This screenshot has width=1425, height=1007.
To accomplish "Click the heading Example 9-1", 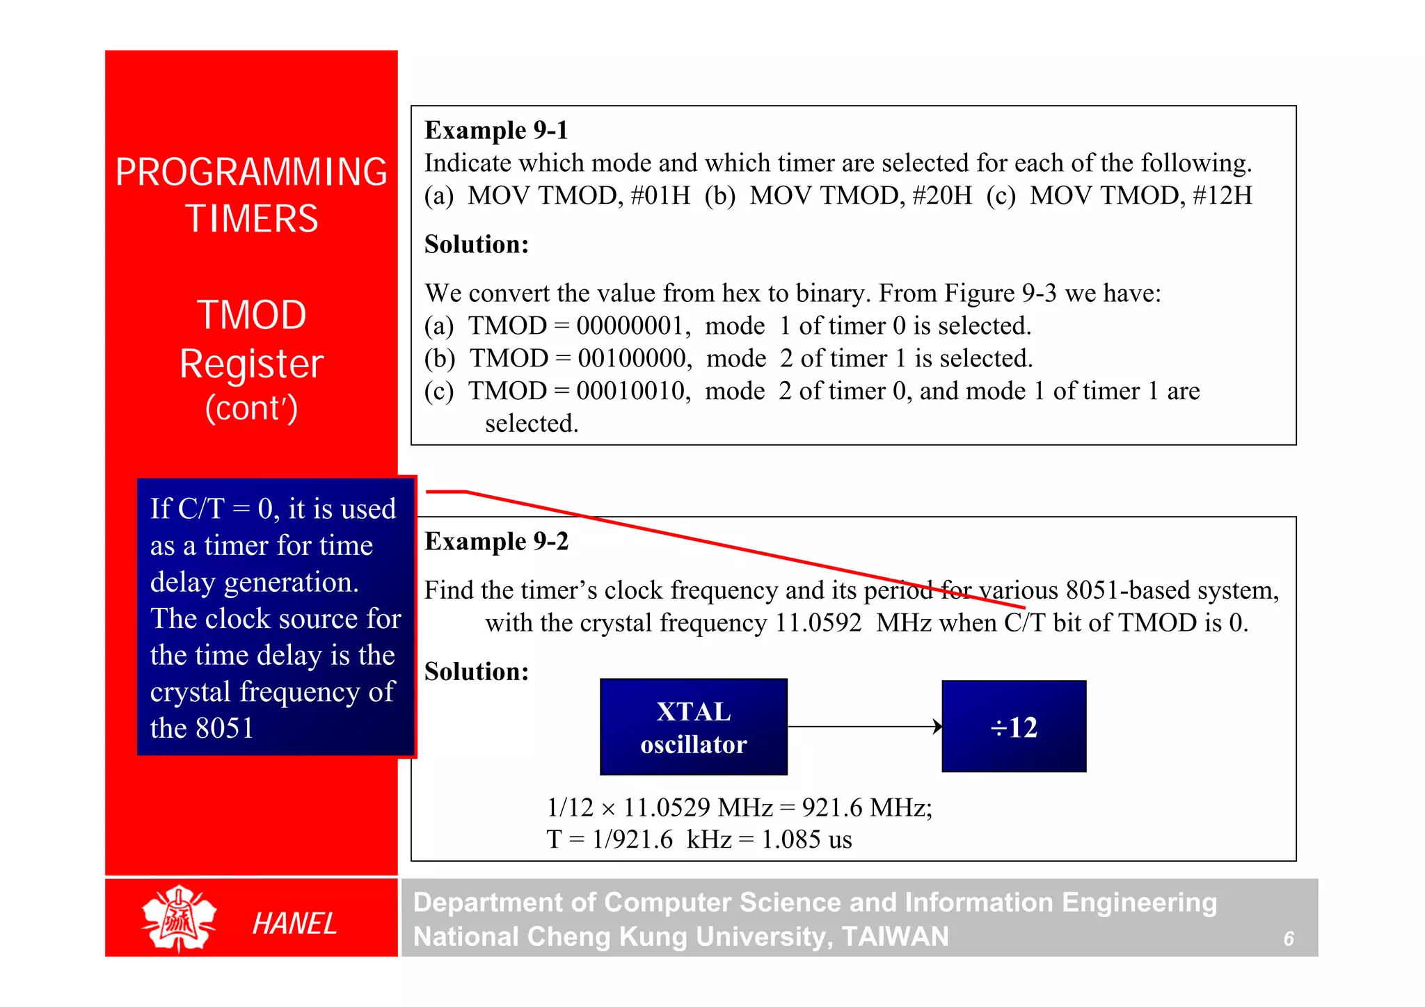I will tap(496, 130).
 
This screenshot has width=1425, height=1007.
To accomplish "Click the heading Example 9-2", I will tap(496, 541).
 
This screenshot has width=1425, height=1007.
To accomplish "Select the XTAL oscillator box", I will tap(694, 727).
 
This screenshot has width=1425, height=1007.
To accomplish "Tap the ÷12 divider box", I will tap(1014, 727).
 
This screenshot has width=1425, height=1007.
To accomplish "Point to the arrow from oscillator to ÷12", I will tap(865, 727).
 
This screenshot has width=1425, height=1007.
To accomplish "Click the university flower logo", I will tap(179, 918).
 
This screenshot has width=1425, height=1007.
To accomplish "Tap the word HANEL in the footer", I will tap(294, 924).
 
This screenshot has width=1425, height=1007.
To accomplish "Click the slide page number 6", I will tap(1289, 939).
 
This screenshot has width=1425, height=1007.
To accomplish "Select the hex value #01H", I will tap(660, 195).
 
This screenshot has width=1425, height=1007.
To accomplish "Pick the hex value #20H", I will tap(942, 195).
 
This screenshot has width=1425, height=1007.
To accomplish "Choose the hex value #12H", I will tap(1223, 195).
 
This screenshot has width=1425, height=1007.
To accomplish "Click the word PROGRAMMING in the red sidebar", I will tap(251, 172).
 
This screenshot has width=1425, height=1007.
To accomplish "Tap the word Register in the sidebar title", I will tap(251, 364).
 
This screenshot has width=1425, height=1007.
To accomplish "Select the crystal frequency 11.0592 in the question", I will tap(818, 622).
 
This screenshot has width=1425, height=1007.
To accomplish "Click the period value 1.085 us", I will tap(806, 839).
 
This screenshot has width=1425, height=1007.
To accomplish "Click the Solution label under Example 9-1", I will tap(477, 244).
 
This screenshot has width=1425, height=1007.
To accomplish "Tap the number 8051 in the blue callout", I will tap(225, 728).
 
